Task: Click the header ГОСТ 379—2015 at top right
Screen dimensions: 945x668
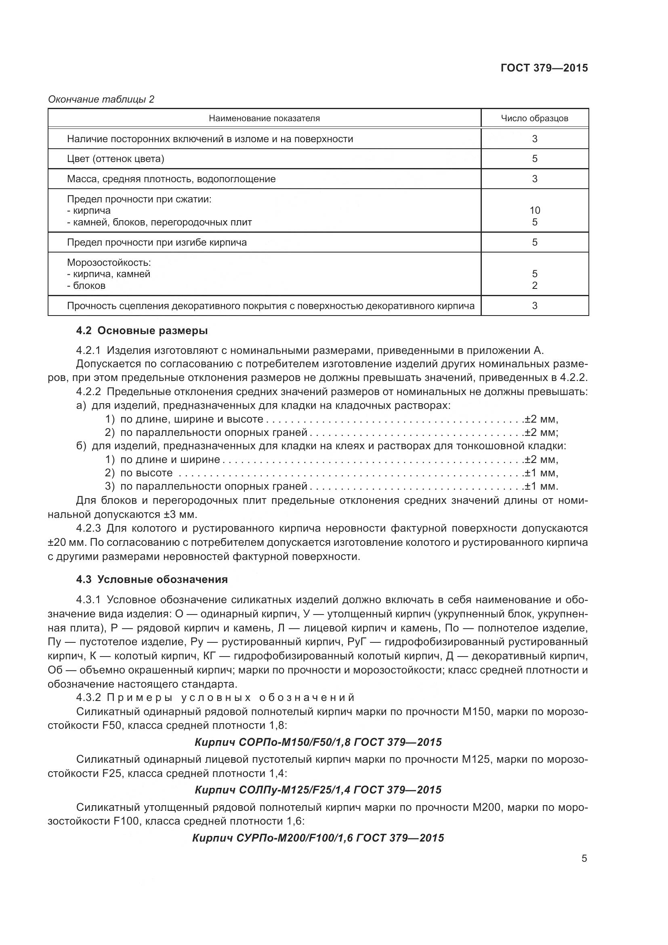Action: [544, 68]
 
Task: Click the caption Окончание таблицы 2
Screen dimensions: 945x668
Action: [101, 99]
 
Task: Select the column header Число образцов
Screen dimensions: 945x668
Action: [534, 118]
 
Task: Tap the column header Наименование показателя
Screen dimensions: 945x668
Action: [264, 118]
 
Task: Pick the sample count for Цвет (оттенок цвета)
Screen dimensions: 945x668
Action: [534, 159]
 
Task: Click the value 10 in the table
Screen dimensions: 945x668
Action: [534, 210]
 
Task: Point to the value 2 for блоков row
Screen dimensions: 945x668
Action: [534, 286]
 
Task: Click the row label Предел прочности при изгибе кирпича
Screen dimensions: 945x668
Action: [157, 242]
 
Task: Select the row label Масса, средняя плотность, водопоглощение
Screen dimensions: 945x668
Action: [171, 179]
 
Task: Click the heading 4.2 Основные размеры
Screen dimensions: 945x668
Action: [142, 330]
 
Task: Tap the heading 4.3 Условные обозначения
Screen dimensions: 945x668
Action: [152, 579]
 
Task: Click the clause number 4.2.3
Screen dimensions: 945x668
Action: [88, 528]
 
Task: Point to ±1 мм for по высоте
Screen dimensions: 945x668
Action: [540, 473]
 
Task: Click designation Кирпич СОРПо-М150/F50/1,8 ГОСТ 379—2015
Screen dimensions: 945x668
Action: [318, 742]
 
